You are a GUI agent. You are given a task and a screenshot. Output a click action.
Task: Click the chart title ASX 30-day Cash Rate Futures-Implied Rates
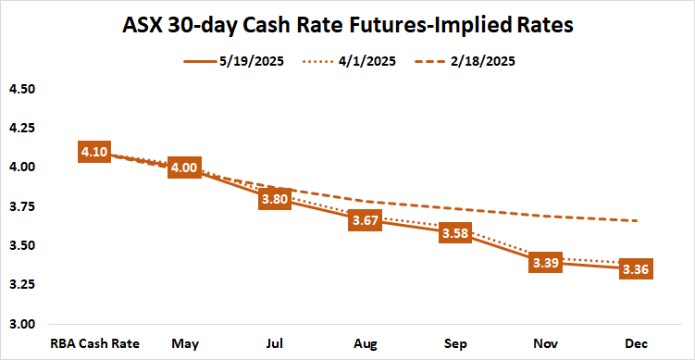click(348, 26)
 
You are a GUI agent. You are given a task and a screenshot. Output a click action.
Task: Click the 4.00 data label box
click(184, 168)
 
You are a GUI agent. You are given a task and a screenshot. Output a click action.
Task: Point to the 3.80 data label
click(275, 198)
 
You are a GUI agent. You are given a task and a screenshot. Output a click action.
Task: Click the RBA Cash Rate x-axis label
click(95, 343)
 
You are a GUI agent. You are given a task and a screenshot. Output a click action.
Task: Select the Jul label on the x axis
click(275, 343)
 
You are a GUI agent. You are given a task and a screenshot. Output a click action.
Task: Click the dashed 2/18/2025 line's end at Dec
click(638, 221)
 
